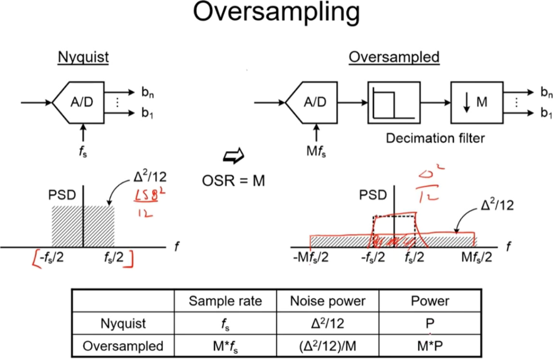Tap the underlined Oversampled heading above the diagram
[x=394, y=57]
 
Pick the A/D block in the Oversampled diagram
[x=315, y=102]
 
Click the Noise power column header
[x=328, y=301]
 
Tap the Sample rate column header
[x=225, y=301]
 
